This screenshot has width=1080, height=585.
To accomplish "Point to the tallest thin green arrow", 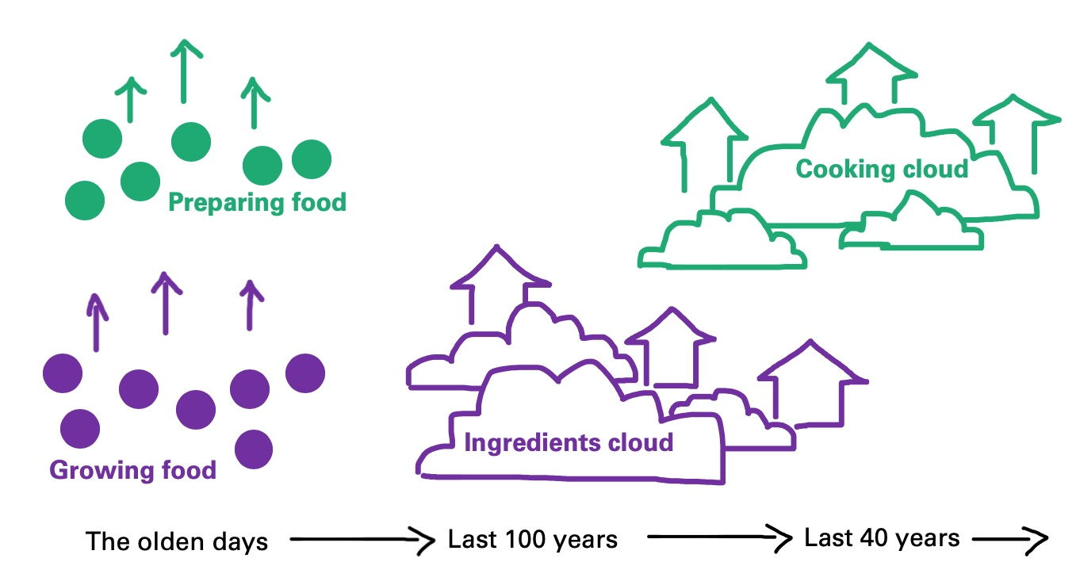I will tap(184, 71).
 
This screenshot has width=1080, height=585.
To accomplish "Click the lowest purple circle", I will tap(254, 449).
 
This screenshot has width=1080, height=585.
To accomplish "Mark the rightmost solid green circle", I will tap(312, 159).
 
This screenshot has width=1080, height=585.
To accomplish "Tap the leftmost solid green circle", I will tap(85, 200).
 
